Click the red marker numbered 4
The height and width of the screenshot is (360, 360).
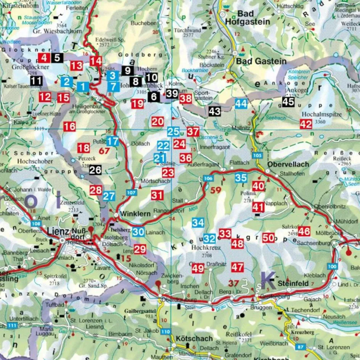pos(44,58)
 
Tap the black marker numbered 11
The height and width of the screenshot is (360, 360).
pos(36,81)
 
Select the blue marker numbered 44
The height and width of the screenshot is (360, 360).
pos(241,104)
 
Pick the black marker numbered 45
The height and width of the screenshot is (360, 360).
pos(288,102)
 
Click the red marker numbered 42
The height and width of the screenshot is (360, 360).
pos(306,124)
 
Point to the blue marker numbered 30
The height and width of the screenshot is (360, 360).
pos(139,231)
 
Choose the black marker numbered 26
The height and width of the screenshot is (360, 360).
pos(95,170)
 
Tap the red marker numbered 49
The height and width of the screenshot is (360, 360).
pos(198,268)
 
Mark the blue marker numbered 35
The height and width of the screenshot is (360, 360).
pos(241,178)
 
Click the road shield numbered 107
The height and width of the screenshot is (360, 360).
pos(131,193)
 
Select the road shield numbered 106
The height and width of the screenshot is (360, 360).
pos(208,178)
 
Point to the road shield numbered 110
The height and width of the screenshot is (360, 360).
pos(166,332)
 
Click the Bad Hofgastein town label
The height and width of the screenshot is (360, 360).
pos(245,18)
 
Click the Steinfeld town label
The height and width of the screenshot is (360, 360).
pos(293,284)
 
